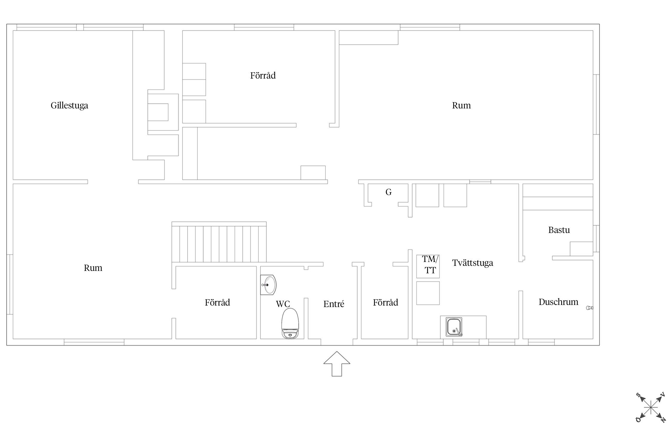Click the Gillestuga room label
[69, 106]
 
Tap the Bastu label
[559, 230]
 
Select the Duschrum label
[558, 302]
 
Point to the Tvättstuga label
[472, 263]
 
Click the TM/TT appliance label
[430, 265]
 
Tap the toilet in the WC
[290, 323]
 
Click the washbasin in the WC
[268, 285]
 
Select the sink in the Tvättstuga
[454, 327]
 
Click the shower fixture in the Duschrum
[590, 308]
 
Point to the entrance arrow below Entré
[337, 363]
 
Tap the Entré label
[334, 304]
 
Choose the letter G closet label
[388, 192]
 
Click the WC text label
[283, 304]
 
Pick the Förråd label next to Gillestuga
[263, 75]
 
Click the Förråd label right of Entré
[385, 303]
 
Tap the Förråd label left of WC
[217, 303]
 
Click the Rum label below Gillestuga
[93, 268]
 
